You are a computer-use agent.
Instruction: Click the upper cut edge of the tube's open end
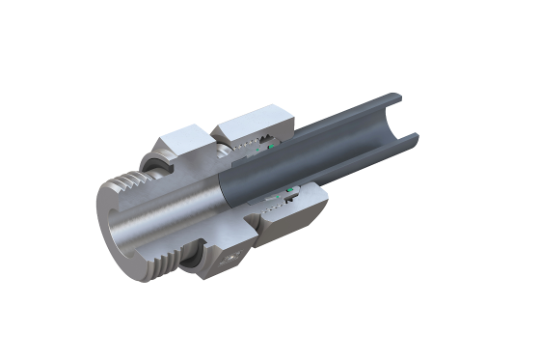click(x=396, y=100)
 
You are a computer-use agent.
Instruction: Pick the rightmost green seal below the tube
click(x=290, y=183)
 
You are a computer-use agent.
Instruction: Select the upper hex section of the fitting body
click(x=183, y=141)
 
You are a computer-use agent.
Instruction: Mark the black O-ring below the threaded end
click(x=194, y=261)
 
